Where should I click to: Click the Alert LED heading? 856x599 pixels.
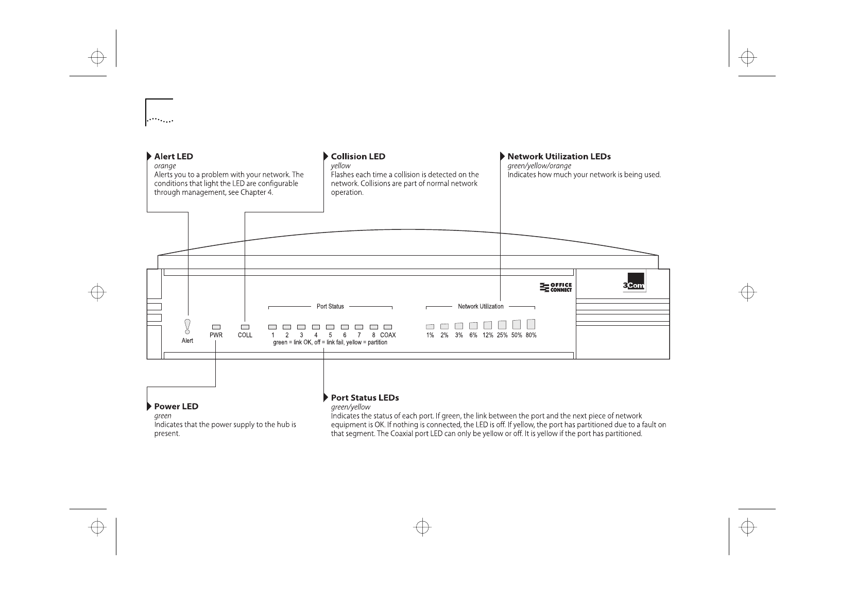174,156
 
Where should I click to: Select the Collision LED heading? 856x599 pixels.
358,156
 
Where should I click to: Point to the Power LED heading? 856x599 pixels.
176,406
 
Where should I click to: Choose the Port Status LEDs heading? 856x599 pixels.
365,397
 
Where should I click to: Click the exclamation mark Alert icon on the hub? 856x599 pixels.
187,326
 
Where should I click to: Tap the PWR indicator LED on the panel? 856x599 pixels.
216,327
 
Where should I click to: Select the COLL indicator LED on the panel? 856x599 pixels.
245,327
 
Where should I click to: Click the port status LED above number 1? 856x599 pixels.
272,327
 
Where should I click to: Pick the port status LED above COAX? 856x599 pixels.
388,327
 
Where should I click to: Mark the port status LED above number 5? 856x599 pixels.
330,327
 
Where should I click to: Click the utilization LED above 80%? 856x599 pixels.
531,324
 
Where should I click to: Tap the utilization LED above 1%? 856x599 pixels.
430,326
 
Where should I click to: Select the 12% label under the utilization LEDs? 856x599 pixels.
488,335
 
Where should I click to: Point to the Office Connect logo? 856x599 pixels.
556,287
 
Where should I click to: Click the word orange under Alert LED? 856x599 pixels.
165,166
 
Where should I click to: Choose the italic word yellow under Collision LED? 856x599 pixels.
340,166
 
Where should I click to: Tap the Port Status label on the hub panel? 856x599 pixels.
330,306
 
